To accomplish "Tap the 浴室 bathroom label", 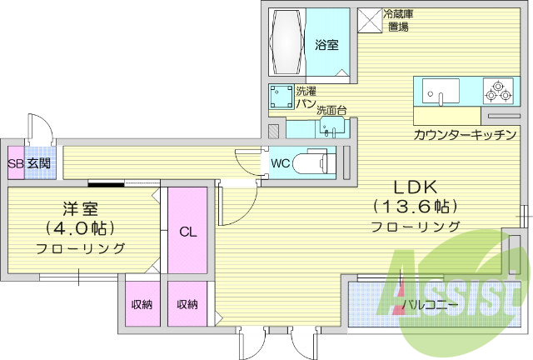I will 327,45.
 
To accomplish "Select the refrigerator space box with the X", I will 368,20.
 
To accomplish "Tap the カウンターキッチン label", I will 465,135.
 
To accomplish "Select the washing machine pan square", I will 280,99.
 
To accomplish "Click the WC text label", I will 280,163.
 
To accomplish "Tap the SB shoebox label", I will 14,162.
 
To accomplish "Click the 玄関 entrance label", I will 37,162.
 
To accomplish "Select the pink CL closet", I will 187,232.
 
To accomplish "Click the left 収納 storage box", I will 142,304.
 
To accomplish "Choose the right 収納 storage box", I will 187,304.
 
